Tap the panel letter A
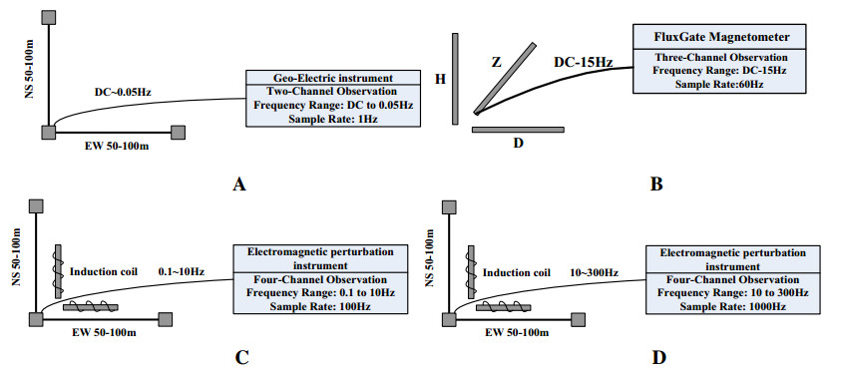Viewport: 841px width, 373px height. [x=238, y=184]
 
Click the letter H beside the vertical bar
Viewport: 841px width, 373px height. [x=438, y=78]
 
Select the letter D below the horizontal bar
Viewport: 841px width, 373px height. [x=518, y=144]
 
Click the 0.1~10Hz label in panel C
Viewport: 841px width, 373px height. [x=182, y=270]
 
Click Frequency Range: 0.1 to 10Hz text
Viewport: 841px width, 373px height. [x=313, y=292]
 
